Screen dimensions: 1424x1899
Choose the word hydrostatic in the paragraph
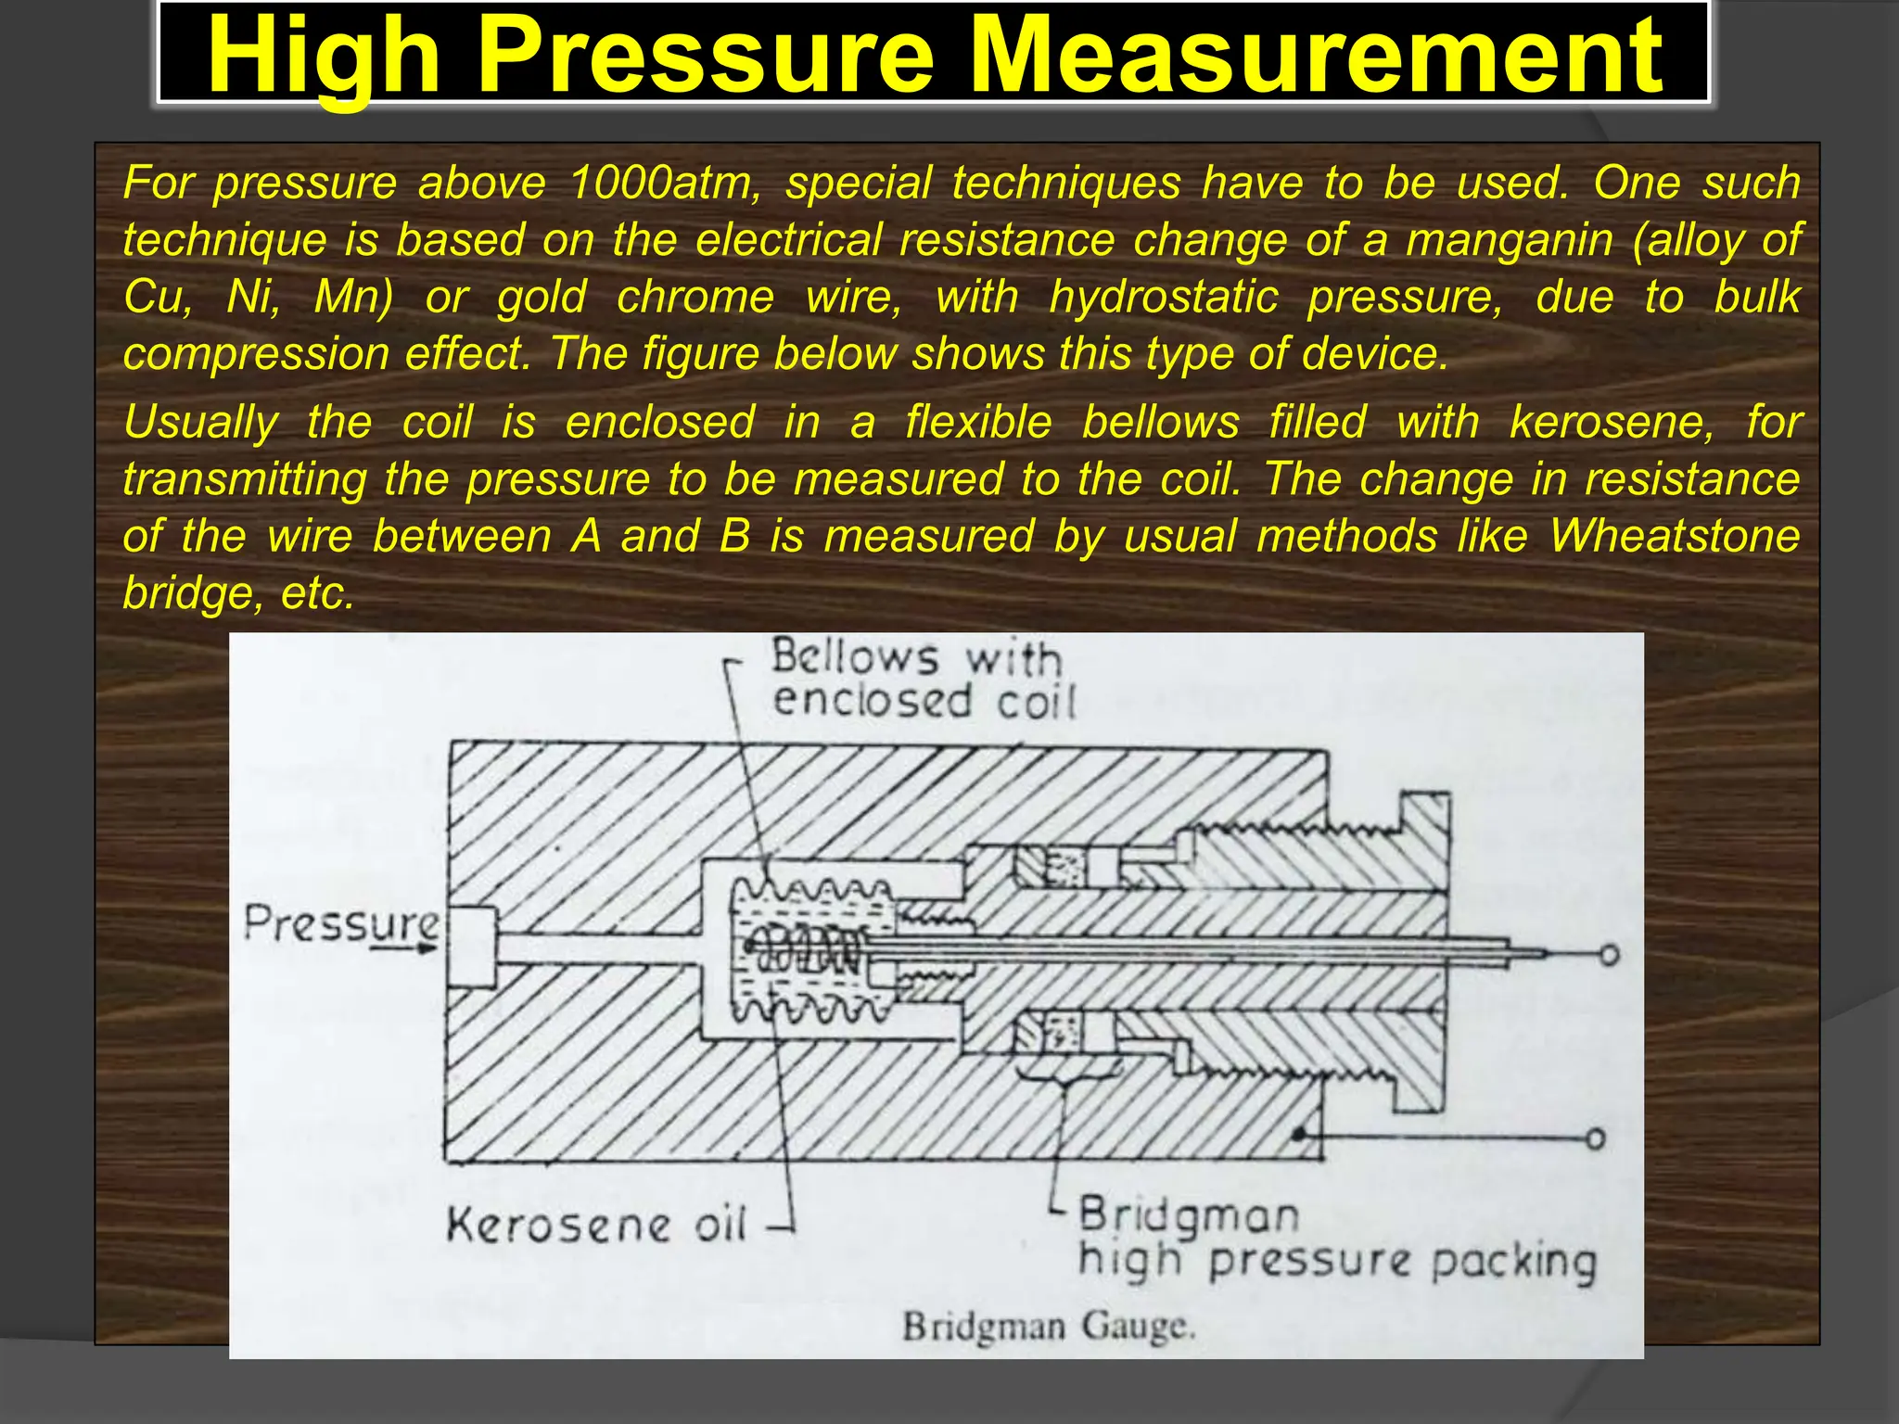pos(1163,298)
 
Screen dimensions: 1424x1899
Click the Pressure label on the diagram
pos(341,923)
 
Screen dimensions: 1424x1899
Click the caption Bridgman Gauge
pos(1049,1325)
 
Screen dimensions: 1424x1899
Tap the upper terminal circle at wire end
pos(1610,955)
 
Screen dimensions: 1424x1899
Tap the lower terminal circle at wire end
pos(1595,1138)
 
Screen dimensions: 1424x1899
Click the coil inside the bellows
pos(807,951)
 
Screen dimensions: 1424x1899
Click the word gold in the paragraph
pos(542,298)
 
